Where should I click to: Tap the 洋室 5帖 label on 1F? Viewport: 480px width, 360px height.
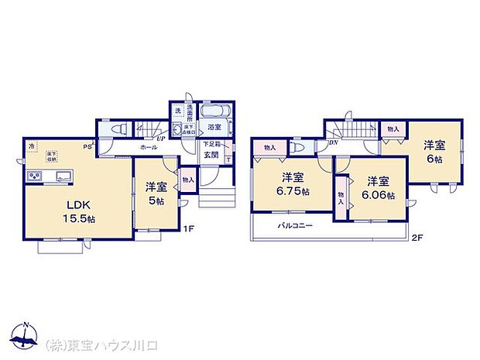pyautogui.click(x=156, y=193)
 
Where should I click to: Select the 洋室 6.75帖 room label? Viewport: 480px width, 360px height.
pyautogui.click(x=295, y=183)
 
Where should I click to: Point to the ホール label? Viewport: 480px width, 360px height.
pyautogui.click(x=149, y=147)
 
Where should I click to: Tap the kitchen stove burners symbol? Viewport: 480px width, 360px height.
pyautogui.click(x=34, y=177)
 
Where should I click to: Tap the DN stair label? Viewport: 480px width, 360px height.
pyautogui.click(x=334, y=143)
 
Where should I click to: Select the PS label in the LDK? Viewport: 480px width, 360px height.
pyautogui.click(x=88, y=144)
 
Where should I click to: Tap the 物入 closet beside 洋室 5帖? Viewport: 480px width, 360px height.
pyautogui.click(x=188, y=180)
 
